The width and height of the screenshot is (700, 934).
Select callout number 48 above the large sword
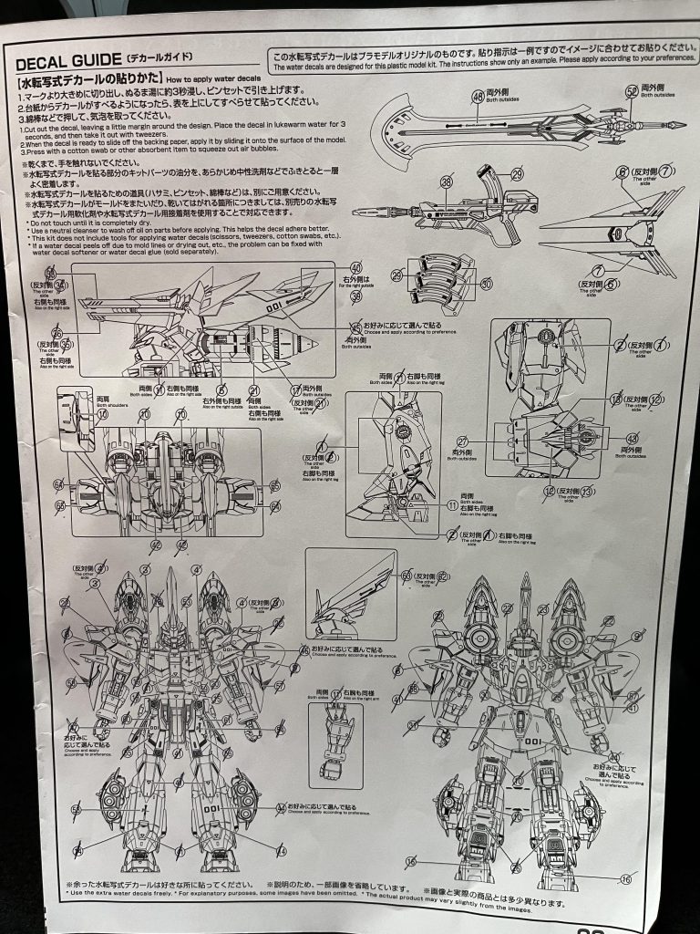coord(477,97)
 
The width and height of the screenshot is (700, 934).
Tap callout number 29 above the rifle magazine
coord(517,174)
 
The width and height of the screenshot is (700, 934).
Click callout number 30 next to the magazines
coord(486,284)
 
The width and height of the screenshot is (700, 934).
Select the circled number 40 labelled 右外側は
coord(355,269)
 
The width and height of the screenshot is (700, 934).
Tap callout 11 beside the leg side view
coord(453,504)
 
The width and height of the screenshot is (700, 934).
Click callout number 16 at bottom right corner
coord(624,879)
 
